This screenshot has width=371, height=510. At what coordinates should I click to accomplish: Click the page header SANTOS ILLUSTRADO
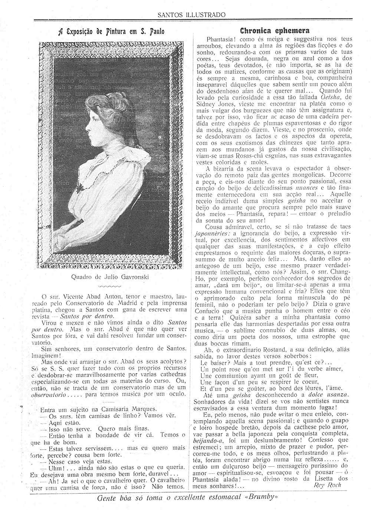191,15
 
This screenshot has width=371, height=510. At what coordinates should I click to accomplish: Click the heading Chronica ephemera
275,30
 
